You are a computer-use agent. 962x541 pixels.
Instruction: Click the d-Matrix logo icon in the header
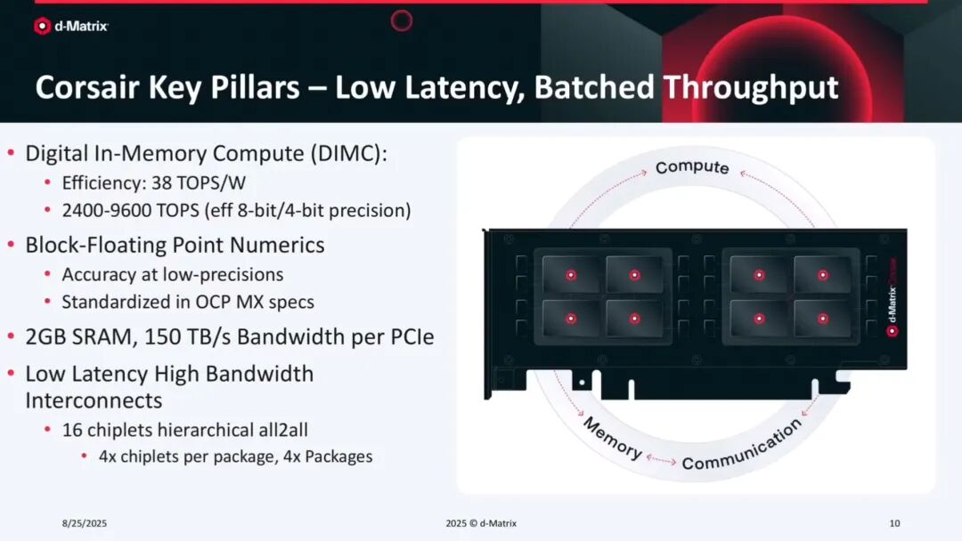pyautogui.click(x=42, y=26)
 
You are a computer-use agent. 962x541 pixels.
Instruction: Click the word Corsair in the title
pyautogui.click(x=88, y=87)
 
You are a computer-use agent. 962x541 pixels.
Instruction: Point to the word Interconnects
pyautogui.click(x=94, y=400)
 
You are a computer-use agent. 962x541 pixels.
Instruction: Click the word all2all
pyautogui.click(x=283, y=430)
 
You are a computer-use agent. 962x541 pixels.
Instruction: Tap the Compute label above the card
pyautogui.click(x=692, y=167)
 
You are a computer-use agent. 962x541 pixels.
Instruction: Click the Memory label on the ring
pyautogui.click(x=612, y=438)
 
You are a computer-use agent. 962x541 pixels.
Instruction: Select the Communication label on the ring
pyautogui.click(x=742, y=446)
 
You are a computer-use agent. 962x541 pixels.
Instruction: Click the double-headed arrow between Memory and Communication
pyautogui.click(x=661, y=459)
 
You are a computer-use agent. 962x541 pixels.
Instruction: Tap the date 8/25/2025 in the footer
pyautogui.click(x=85, y=523)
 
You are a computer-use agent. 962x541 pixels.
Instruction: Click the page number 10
pyautogui.click(x=894, y=523)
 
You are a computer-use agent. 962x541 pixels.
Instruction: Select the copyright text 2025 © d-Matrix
pyautogui.click(x=481, y=523)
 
